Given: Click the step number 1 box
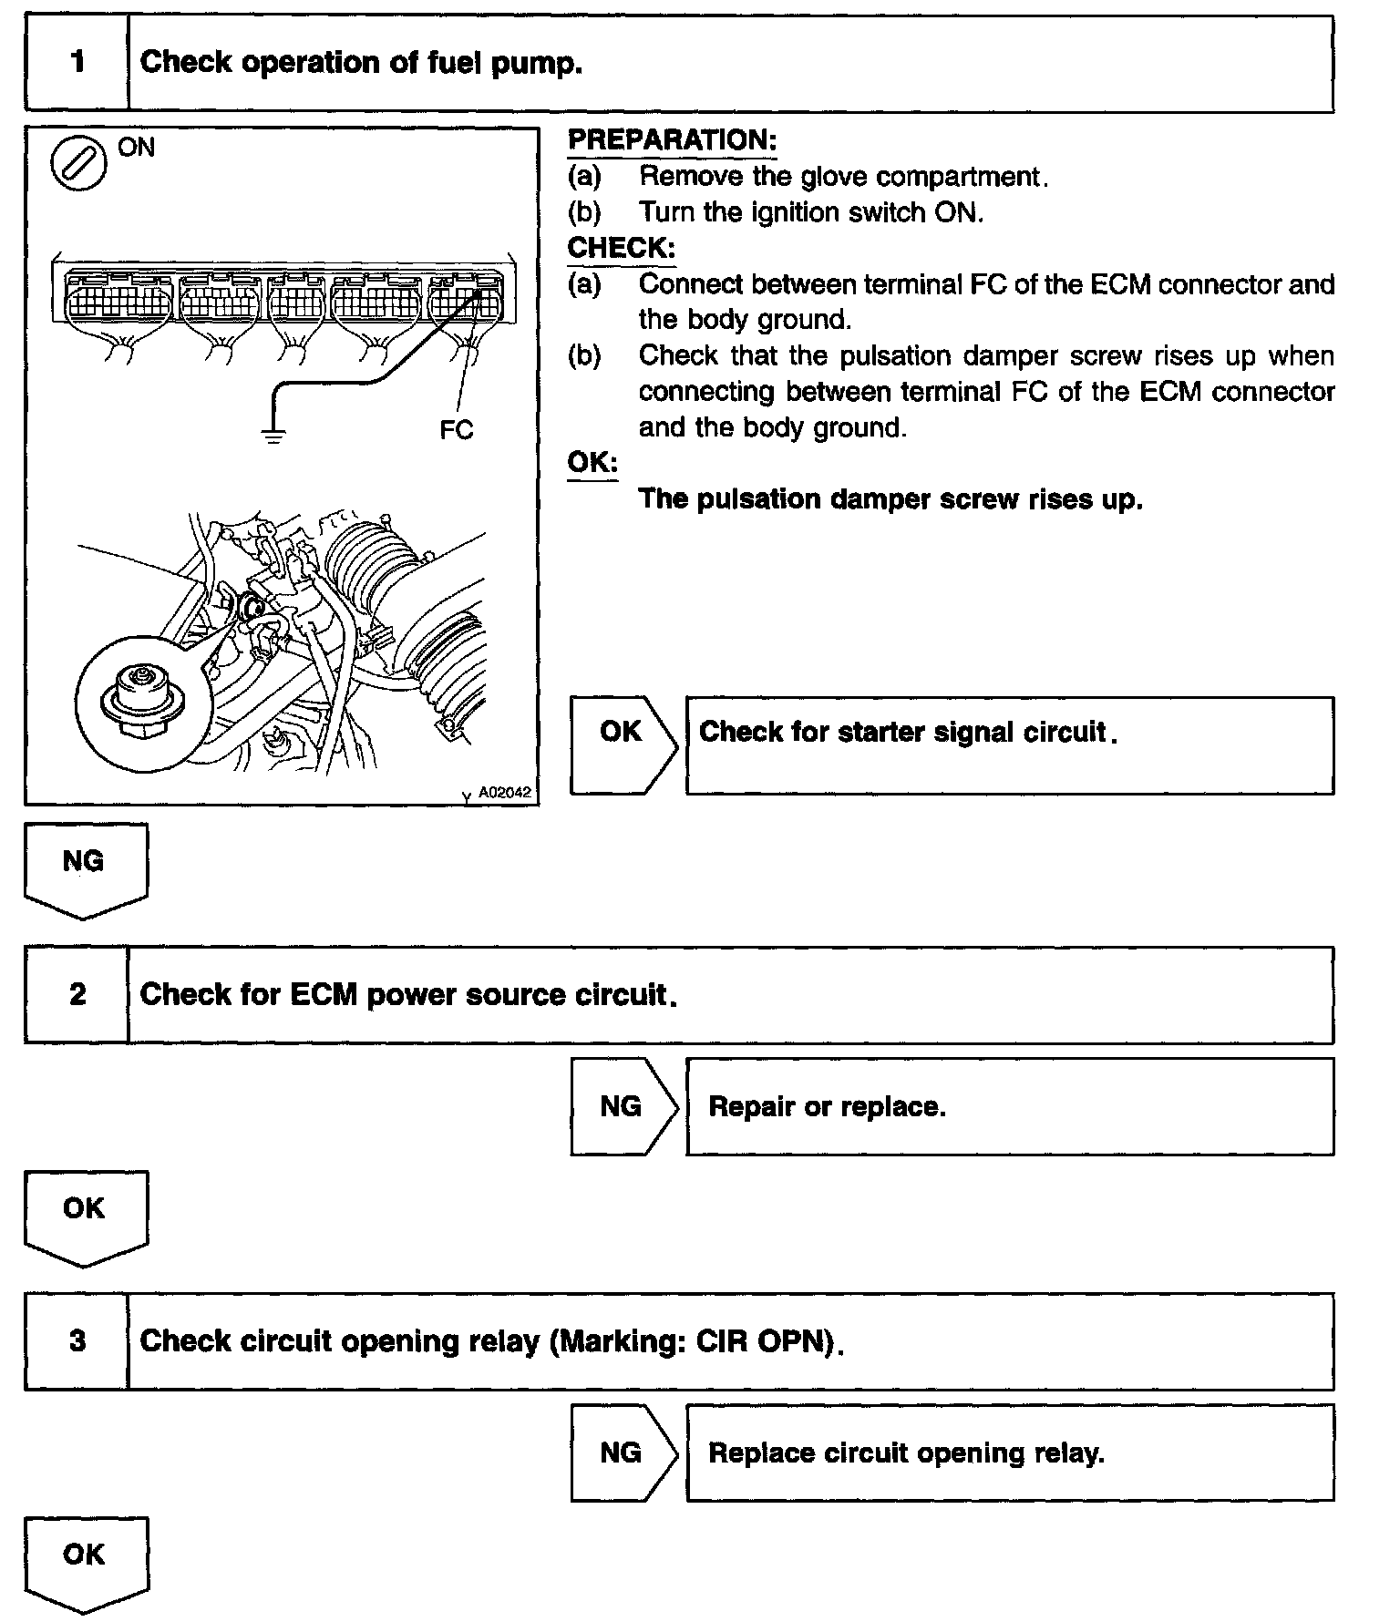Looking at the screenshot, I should (x=77, y=63).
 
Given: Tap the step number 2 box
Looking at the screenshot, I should (x=77, y=994).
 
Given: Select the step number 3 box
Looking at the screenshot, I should (x=77, y=1340).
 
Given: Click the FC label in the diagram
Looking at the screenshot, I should (x=456, y=430).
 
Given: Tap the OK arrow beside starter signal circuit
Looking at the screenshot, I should (x=623, y=744).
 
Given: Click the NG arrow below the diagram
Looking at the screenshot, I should (x=85, y=867).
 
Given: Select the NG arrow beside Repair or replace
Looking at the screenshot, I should (x=623, y=1105).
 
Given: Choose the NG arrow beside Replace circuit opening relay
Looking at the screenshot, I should (x=623, y=1452).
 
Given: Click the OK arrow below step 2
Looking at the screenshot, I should (x=85, y=1214).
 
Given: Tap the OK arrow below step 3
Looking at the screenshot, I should (x=85, y=1560).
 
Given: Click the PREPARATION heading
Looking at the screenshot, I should (x=672, y=139).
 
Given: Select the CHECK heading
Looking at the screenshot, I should (x=621, y=247).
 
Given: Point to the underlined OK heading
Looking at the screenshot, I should (x=592, y=462).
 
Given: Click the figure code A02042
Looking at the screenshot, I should (x=504, y=793).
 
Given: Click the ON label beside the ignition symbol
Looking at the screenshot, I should (x=137, y=147).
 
